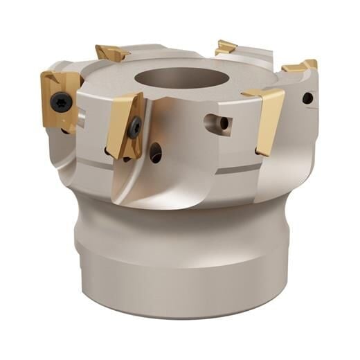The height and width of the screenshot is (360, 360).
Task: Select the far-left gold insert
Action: coord(58,97)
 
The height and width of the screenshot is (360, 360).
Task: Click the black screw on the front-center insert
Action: coord(136,127)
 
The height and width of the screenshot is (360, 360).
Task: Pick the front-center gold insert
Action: coord(126,125)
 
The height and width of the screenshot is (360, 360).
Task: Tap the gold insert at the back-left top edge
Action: coord(112,53)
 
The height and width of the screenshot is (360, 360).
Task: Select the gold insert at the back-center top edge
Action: coord(226,48)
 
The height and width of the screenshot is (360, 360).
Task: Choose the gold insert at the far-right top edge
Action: coord(301,66)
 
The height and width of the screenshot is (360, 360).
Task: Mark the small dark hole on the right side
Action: coord(307,99)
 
